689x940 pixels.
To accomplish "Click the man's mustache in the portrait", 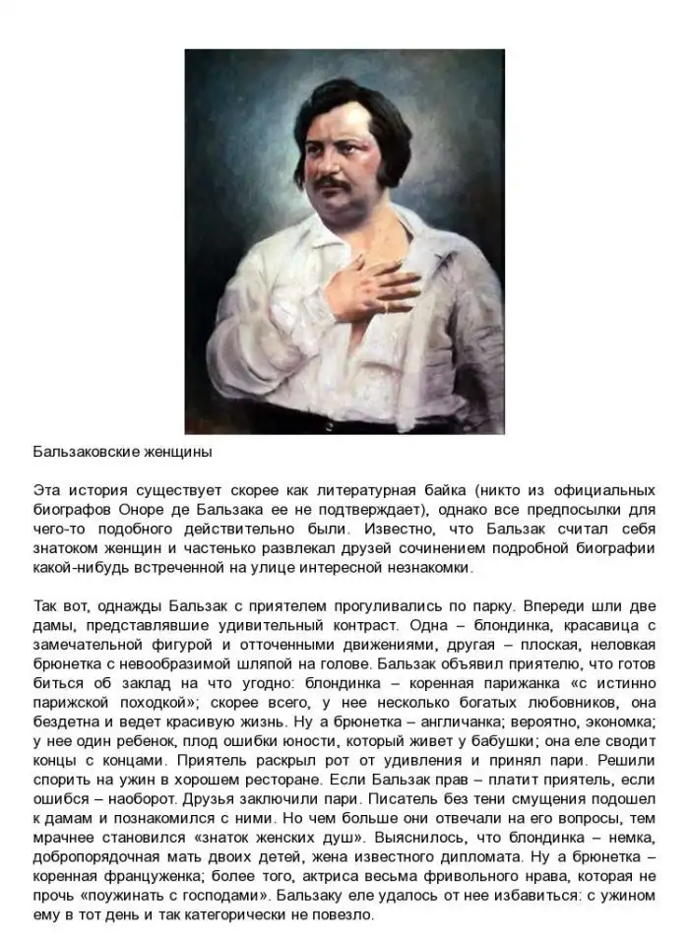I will point(330,183).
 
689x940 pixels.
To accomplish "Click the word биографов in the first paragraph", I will point(67,509).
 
